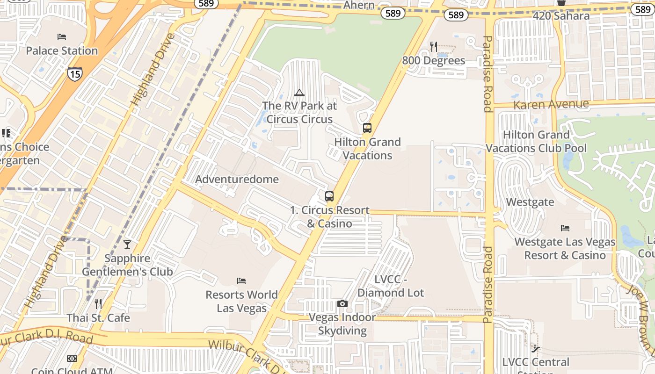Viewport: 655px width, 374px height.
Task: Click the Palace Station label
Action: click(62, 50)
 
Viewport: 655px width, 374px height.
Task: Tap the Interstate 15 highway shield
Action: click(74, 73)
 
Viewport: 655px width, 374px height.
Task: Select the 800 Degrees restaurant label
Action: click(434, 61)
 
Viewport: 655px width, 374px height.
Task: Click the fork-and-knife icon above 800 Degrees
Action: click(434, 46)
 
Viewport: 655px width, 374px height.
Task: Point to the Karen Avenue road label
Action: click(551, 104)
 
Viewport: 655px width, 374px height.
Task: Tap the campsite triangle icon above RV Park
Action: click(299, 93)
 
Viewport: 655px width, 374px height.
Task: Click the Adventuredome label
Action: click(237, 180)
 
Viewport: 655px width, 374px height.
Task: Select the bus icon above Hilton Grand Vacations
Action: click(367, 128)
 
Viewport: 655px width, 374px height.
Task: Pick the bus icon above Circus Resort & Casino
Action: click(329, 196)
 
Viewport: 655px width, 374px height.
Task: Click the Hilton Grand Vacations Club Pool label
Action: click(536, 142)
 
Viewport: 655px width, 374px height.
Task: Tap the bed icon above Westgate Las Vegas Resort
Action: click(565, 228)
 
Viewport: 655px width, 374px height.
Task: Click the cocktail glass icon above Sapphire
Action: click(127, 244)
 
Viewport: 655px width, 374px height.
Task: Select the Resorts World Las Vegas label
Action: click(242, 302)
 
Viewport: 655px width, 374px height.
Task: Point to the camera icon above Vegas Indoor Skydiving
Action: click(342, 304)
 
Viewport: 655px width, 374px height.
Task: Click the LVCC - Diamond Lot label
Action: click(391, 286)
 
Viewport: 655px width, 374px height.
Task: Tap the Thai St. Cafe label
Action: click(98, 318)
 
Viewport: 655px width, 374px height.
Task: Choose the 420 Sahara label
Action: click(561, 16)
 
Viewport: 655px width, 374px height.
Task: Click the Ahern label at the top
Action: click(359, 5)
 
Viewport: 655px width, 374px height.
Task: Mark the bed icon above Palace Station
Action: click(62, 37)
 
